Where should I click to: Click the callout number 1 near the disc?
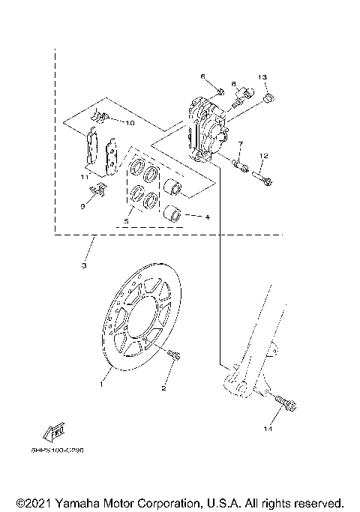101,383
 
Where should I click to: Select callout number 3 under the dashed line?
85,266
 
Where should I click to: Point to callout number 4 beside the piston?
207,217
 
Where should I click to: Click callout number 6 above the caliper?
202,76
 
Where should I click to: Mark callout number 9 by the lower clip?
82,205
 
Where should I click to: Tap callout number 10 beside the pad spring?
129,122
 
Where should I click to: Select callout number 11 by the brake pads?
85,176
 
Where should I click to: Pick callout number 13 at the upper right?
263,77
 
